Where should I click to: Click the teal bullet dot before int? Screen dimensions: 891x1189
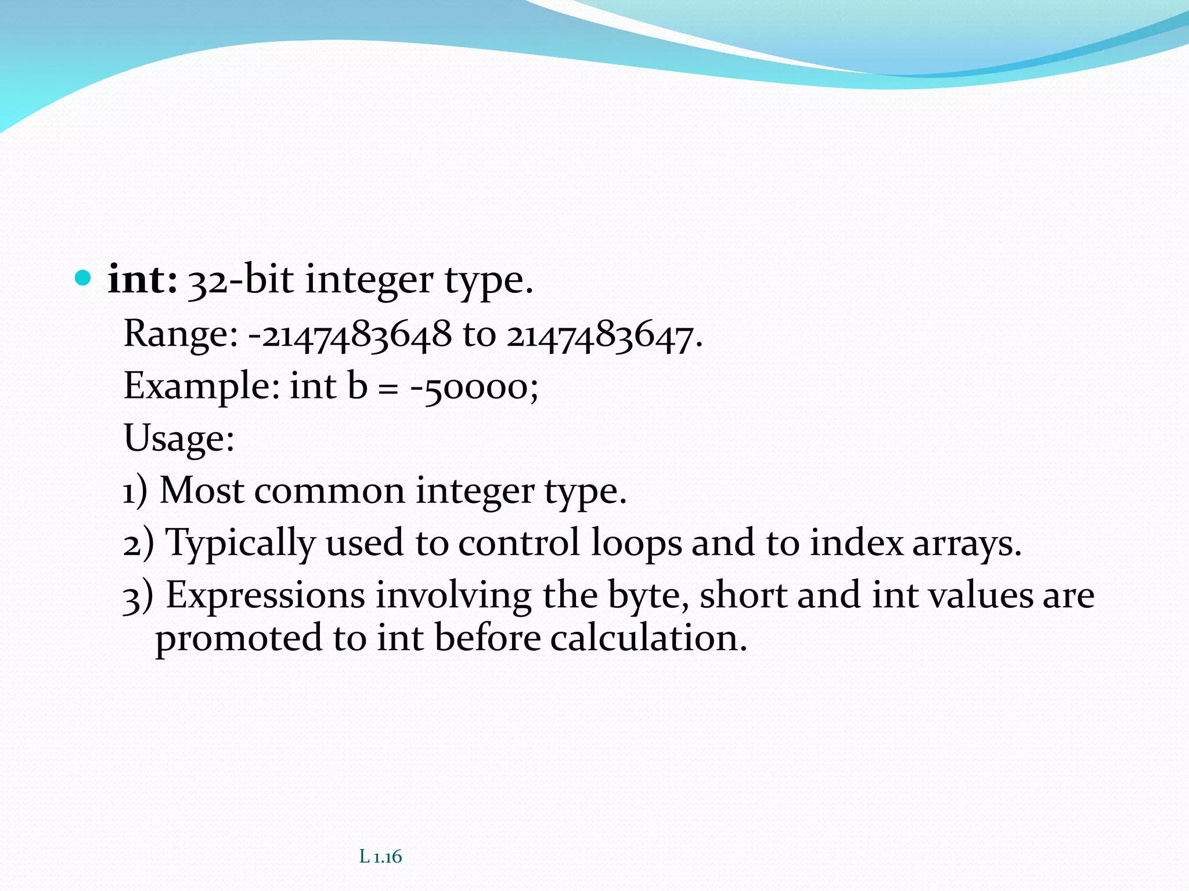click(84, 279)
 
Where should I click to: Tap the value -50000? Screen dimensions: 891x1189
click(474, 387)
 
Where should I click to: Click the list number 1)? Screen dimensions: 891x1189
click(135, 491)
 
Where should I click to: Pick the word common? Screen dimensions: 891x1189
click(329, 491)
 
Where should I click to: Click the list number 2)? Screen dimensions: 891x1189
click(138, 544)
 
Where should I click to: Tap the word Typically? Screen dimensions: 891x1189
click(240, 544)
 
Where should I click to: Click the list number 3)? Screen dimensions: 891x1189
click(138, 596)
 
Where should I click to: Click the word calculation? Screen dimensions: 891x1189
click(648, 638)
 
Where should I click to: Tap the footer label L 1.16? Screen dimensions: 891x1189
click(380, 856)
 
